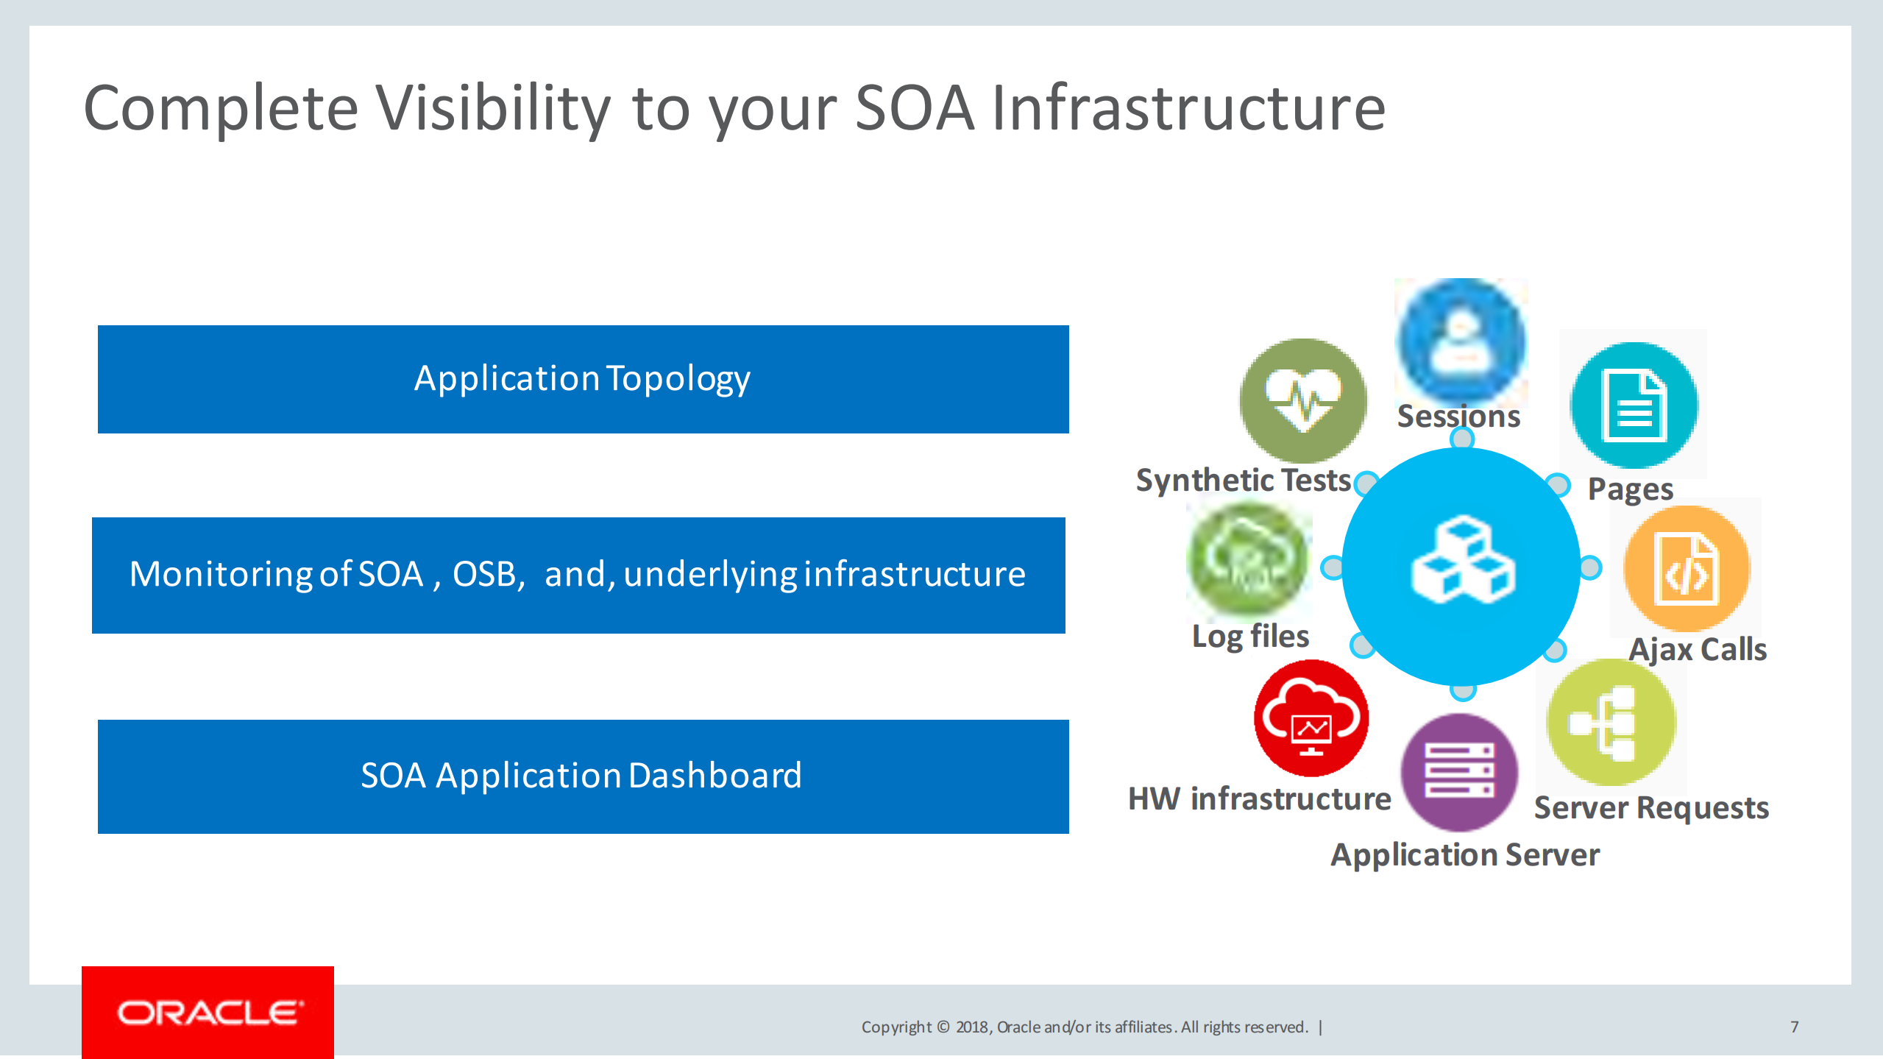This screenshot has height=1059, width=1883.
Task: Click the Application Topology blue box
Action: tap(583, 379)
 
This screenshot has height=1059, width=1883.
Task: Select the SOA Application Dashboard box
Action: tap(583, 776)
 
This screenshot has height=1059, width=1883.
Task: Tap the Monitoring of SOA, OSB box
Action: tap(578, 575)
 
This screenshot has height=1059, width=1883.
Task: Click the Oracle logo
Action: tap(208, 1013)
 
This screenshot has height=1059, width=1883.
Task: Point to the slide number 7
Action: tap(1795, 1027)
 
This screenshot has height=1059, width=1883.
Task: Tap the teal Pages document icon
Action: tap(1634, 405)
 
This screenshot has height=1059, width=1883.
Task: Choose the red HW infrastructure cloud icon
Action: tap(1311, 718)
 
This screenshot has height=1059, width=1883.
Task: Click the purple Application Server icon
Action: tap(1460, 772)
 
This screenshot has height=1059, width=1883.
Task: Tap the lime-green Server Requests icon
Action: tap(1611, 723)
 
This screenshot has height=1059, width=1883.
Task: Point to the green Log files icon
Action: tap(1249, 561)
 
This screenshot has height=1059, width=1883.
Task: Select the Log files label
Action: tap(1250, 637)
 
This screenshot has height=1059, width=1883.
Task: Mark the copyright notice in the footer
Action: tap(1085, 1027)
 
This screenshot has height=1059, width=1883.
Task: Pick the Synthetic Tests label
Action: tap(1244, 481)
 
